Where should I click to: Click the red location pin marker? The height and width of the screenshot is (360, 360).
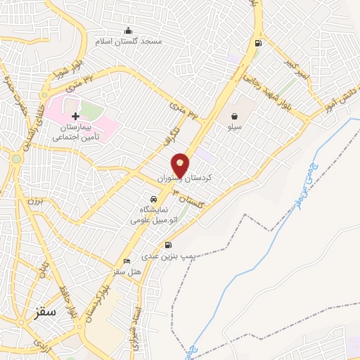click(x=180, y=165)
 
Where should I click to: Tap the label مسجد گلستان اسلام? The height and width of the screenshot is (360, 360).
click(x=131, y=41)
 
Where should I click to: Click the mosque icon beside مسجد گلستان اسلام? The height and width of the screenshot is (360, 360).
click(x=128, y=30)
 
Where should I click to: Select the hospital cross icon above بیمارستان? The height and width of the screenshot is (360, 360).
click(x=75, y=115)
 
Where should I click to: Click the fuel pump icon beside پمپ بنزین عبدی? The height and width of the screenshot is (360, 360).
click(x=168, y=245)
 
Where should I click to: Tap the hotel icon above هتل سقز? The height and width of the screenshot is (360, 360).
click(x=127, y=261)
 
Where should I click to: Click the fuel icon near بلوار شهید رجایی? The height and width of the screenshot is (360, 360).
click(x=258, y=43)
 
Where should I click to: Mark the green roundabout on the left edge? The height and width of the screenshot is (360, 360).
click(x=16, y=159)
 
